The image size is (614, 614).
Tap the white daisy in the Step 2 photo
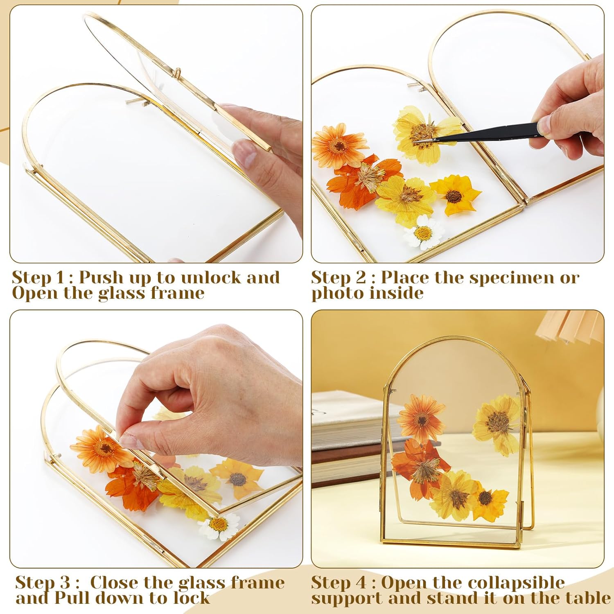[423, 233]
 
